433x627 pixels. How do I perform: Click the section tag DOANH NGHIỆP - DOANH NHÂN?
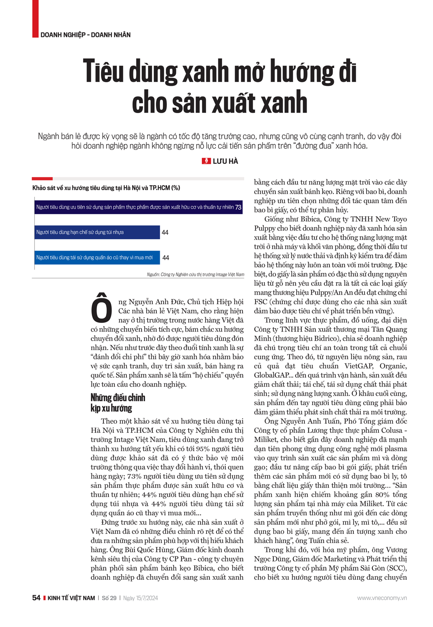(85, 35)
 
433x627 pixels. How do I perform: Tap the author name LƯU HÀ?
(225, 161)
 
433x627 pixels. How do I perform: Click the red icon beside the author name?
(207, 161)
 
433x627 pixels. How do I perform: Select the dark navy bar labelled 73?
(139, 207)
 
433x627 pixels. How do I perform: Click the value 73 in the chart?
(238, 207)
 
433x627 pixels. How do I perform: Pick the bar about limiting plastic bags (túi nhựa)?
(97, 232)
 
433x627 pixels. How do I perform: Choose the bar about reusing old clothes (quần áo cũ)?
(97, 257)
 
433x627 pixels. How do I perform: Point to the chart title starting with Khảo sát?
(106, 188)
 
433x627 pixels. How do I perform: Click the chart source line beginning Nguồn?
(195, 275)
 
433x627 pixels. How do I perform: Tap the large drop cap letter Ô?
(102, 308)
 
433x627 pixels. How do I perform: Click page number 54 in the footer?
(36, 598)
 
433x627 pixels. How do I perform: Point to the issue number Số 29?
(109, 598)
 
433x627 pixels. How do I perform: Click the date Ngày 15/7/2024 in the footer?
(140, 598)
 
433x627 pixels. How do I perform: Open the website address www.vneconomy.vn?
(381, 598)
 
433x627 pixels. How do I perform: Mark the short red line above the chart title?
(42, 179)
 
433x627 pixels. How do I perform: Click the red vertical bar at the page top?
(35, 18)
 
